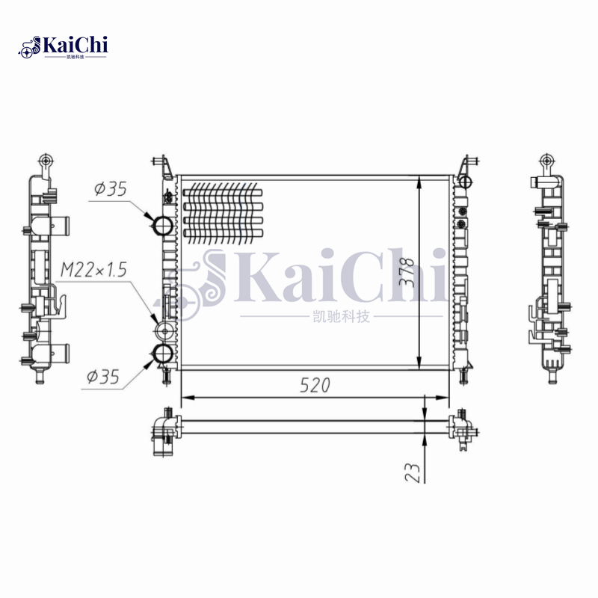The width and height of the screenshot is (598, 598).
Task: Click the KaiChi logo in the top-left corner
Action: pyautogui.click(x=64, y=46)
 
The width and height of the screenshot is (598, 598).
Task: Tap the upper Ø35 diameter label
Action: pyautogui.click(x=110, y=190)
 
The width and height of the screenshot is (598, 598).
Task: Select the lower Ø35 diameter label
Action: pyautogui.click(x=103, y=377)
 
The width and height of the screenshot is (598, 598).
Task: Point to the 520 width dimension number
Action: pyautogui.click(x=315, y=385)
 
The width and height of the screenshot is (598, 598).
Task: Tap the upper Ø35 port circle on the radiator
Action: pyautogui.click(x=163, y=224)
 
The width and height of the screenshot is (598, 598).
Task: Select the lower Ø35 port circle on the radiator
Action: pyautogui.click(x=163, y=354)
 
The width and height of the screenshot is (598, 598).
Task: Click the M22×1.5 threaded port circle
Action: pyautogui.click(x=162, y=331)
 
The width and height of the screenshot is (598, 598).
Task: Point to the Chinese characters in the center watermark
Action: pyautogui.click(x=339, y=317)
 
